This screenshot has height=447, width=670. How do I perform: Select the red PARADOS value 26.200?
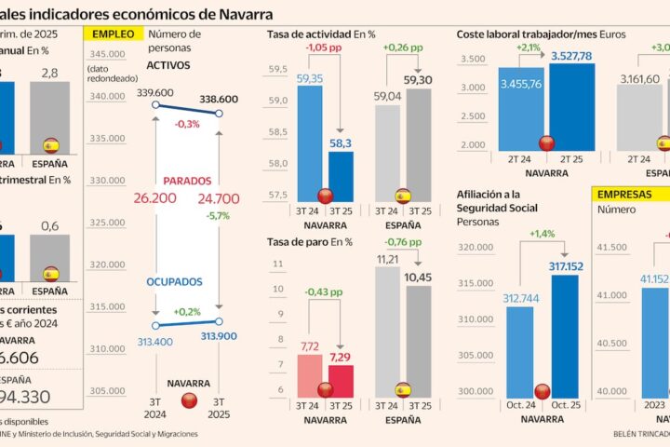point(155,198)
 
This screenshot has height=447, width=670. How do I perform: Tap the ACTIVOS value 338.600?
point(218,99)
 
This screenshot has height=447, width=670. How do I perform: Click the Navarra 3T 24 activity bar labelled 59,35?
point(308,140)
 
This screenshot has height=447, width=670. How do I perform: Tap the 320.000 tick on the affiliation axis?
point(476,247)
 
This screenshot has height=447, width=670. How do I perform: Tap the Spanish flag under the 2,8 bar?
point(50,145)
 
